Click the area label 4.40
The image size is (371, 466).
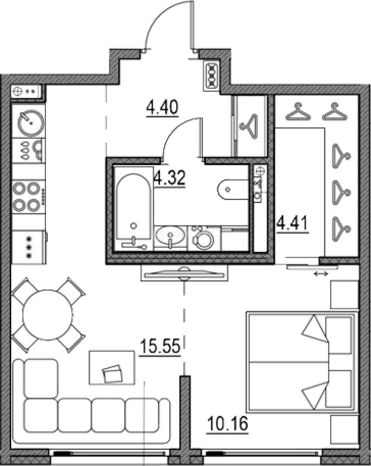click(x=162, y=107)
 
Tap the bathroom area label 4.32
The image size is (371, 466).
click(x=170, y=178)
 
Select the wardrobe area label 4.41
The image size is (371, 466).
click(x=292, y=224)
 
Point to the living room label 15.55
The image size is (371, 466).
click(x=160, y=346)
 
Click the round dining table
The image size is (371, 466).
click(x=48, y=315)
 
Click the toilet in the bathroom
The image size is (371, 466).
click(x=233, y=189)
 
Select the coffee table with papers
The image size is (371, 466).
click(x=112, y=367)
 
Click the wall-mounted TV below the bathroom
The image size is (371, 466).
click(x=184, y=274)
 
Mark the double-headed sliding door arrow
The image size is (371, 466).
click(x=321, y=274)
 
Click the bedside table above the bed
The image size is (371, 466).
click(x=344, y=295)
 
